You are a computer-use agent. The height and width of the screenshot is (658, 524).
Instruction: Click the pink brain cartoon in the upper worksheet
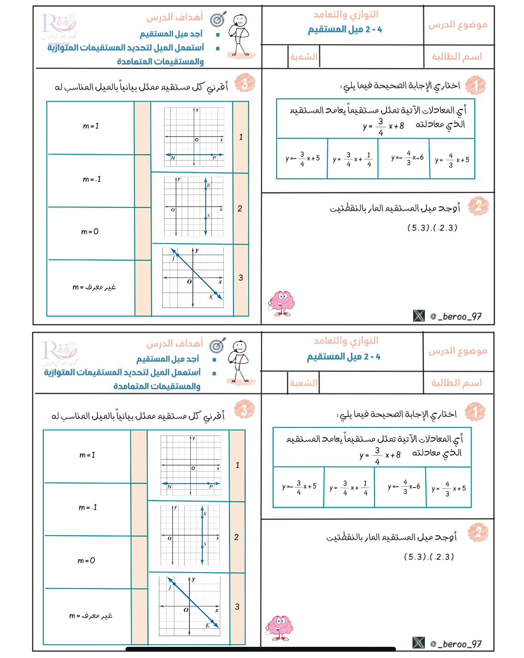click(282, 303)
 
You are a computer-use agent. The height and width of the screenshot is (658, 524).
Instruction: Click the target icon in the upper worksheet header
click(218, 19)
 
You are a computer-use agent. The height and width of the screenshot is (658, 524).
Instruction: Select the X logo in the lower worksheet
click(418, 643)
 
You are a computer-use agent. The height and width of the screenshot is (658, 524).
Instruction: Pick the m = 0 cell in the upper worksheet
click(90, 232)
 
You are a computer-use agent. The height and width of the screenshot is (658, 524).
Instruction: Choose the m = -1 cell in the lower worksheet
click(88, 508)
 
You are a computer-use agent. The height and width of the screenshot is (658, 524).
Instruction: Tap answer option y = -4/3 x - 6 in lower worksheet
click(404, 487)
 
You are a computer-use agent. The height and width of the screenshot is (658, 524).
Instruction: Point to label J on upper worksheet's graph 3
click(174, 259)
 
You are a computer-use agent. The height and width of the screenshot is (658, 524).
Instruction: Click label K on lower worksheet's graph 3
click(208, 625)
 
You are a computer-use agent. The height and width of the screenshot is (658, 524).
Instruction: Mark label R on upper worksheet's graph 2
click(208, 186)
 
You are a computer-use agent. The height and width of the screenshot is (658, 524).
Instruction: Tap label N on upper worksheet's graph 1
click(173, 158)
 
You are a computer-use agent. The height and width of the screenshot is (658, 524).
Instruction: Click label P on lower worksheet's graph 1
click(211, 487)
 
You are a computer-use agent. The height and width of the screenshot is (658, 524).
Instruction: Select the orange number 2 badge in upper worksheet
click(478, 206)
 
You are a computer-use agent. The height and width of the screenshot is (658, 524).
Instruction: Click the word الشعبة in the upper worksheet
click(304, 57)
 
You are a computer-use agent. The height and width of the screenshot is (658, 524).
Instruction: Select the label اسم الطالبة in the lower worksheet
click(457, 383)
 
